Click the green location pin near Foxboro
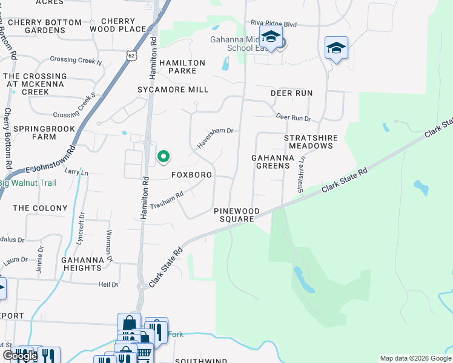pos(163,157)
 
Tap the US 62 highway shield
pos(132,55)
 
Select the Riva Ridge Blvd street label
pos(274,24)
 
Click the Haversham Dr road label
pos(215,137)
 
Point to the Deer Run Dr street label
pos(293,117)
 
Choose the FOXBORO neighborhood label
pos(191,175)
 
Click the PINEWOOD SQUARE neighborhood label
pos(237,215)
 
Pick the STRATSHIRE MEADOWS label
pos(311,142)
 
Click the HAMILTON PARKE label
pos(182,67)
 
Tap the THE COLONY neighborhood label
pos(40,208)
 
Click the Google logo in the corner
pos(20,356)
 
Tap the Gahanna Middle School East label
pos(248,44)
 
